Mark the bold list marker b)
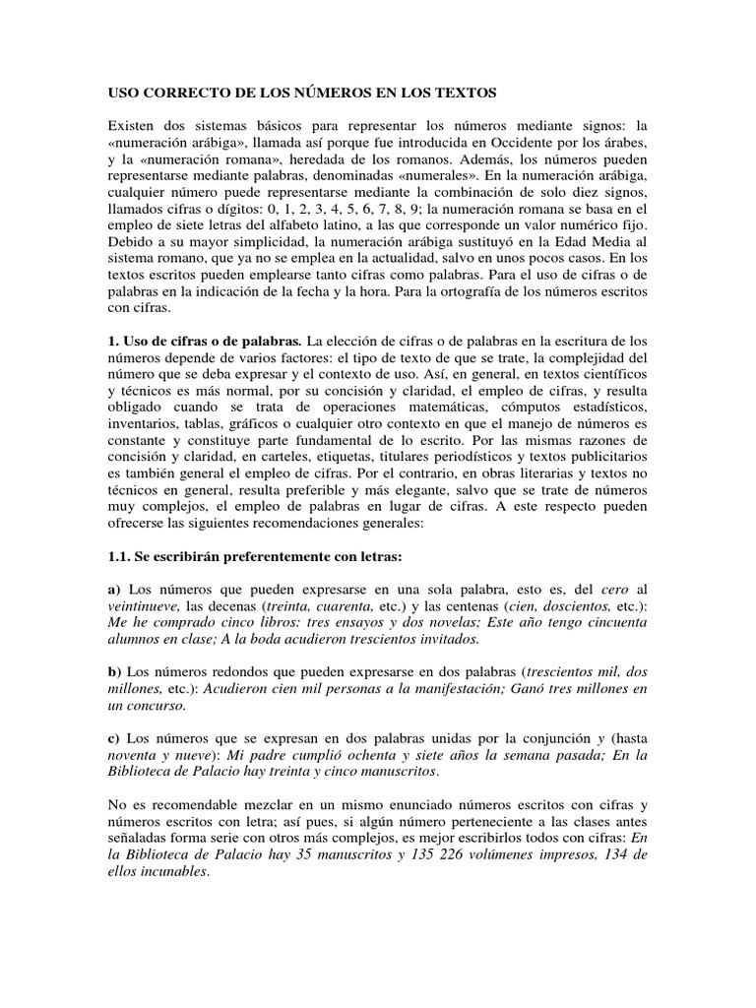(x=113, y=670)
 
